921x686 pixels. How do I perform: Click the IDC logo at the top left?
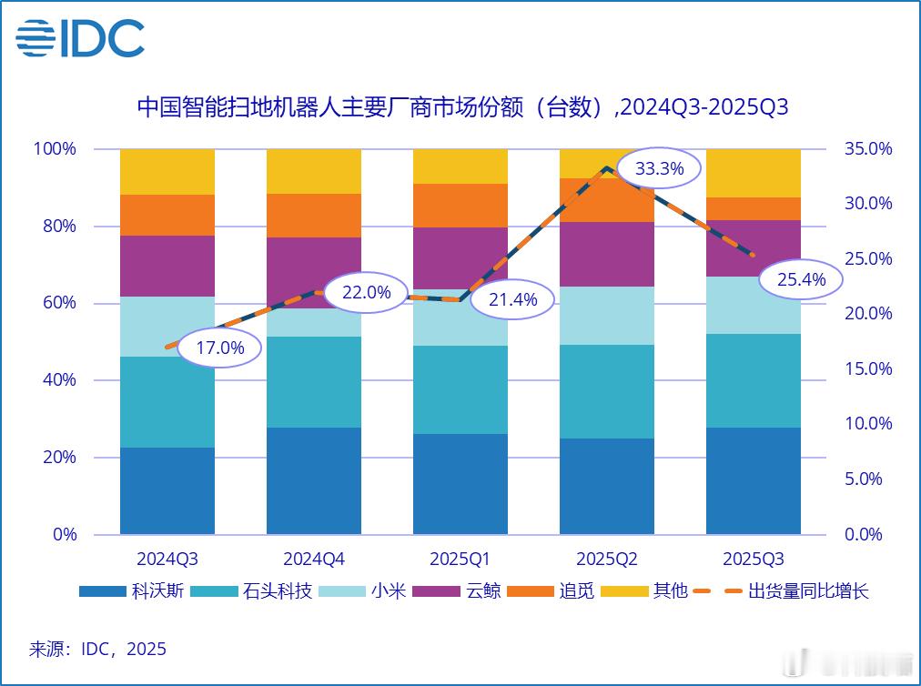80,38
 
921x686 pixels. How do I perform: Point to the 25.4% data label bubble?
801,280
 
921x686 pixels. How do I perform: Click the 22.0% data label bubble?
366,292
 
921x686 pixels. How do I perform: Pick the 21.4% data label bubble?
512,299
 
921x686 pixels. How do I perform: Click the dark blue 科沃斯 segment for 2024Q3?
167,491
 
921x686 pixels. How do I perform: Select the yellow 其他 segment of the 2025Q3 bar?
753,173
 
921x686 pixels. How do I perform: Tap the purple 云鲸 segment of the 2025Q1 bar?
460,257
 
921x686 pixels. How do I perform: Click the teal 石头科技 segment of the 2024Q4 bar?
313,382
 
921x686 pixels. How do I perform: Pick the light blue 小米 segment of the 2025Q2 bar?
606,316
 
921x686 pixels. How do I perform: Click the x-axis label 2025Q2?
606,558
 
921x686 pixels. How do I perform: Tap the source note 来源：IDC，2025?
98,649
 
